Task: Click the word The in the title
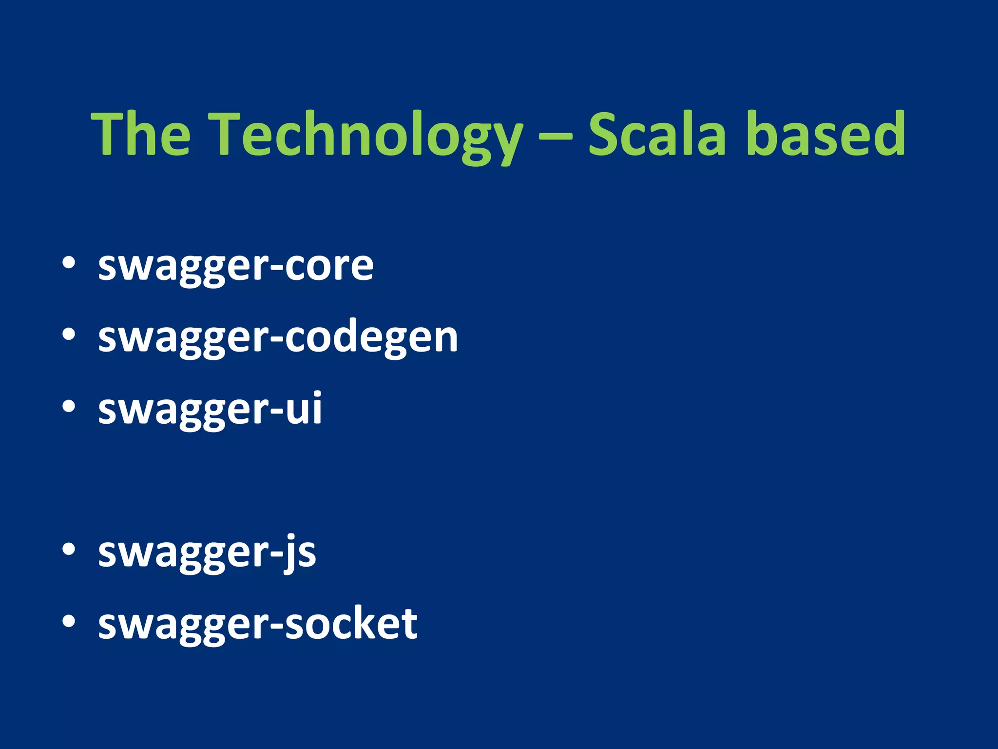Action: coord(141,134)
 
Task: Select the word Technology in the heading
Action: coord(368,134)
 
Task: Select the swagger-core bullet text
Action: coord(236,266)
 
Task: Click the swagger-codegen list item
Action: coord(278,338)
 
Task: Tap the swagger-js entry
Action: coord(207,553)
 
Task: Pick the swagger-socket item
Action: coord(257,625)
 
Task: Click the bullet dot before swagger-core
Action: coord(69,262)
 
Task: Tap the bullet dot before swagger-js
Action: coord(69,550)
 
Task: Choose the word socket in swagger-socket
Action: coord(351,624)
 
